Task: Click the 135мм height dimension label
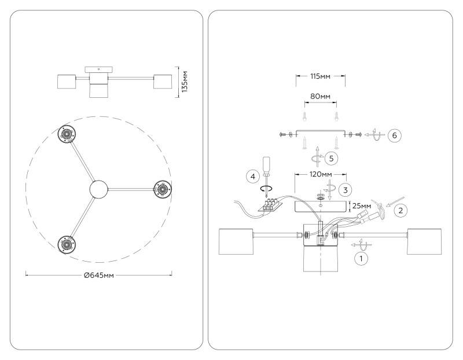[x=185, y=82]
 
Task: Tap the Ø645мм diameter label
[x=99, y=275]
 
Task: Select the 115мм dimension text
[x=321, y=76]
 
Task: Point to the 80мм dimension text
[x=321, y=96]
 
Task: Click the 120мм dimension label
[x=321, y=174]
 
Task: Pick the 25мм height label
[x=362, y=205]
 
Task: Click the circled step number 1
[x=361, y=259]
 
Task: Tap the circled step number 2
[x=400, y=211]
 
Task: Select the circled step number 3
[x=346, y=190]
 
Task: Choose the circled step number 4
[x=253, y=177]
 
